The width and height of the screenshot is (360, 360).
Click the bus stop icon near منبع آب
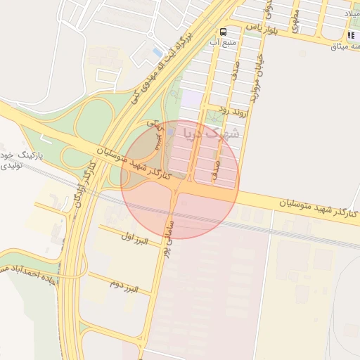click(x=224, y=32)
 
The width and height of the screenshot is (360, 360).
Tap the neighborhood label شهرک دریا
click(x=211, y=132)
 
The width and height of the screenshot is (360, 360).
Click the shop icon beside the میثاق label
click(x=351, y=36)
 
